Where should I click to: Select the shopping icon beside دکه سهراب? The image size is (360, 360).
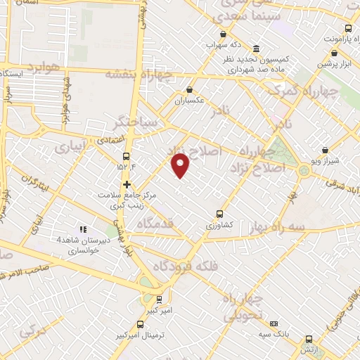[223, 34]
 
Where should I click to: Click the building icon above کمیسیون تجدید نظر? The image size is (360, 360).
[255, 49]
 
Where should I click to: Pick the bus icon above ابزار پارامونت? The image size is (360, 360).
[348, 29]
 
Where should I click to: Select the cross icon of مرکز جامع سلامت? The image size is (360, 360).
[127, 185]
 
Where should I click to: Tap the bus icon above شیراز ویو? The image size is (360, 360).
[324, 150]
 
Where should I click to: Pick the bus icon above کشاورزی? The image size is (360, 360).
[219, 214]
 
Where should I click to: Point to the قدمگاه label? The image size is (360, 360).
[158, 224]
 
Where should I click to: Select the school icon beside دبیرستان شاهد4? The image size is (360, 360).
[82, 229]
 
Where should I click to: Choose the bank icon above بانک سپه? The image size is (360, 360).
[274, 323]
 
